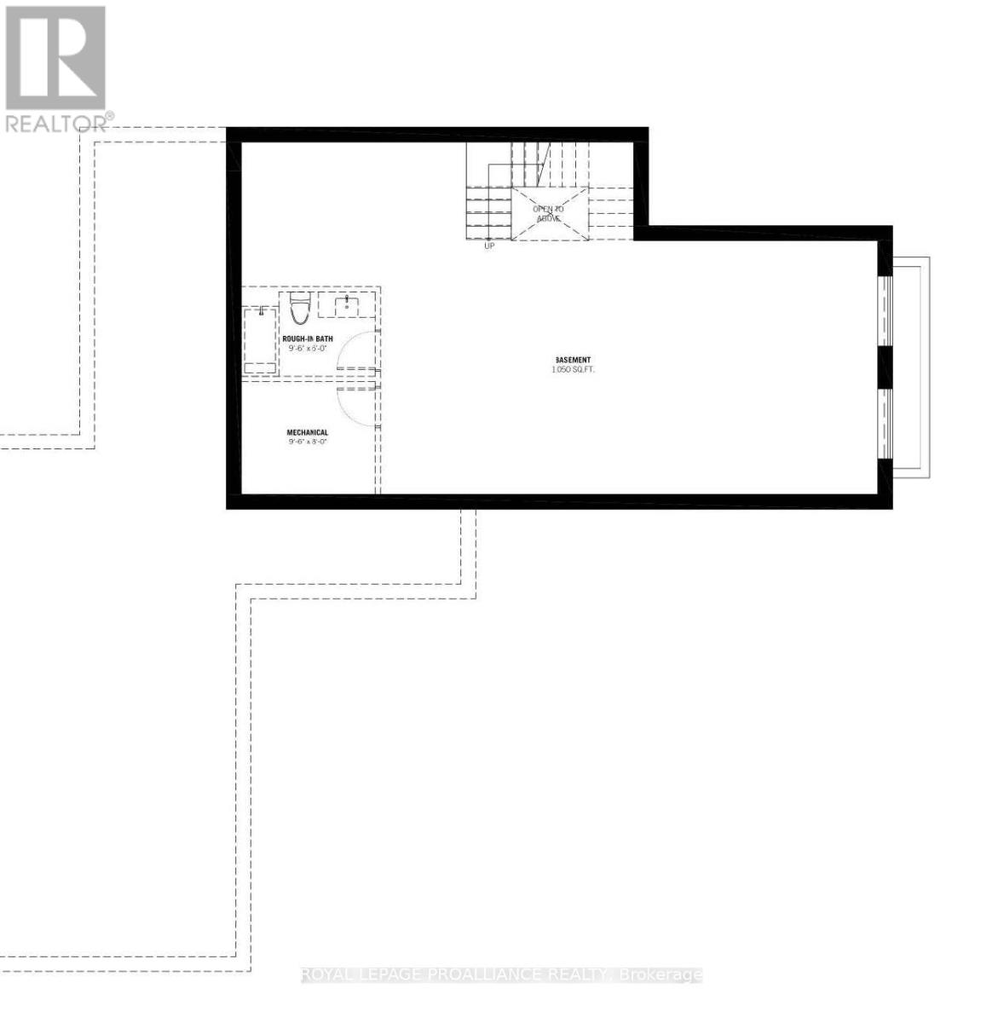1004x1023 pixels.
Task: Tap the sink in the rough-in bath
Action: click(347, 304)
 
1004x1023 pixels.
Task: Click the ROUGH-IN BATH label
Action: click(308, 338)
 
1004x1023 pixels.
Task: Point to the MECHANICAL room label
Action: click(307, 433)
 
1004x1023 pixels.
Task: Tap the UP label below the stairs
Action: click(488, 246)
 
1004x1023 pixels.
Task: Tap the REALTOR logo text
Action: click(57, 123)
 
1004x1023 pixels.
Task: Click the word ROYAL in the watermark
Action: click(326, 974)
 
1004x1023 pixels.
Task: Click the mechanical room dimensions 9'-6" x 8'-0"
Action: click(307, 443)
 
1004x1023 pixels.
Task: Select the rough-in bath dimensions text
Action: click(308, 349)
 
